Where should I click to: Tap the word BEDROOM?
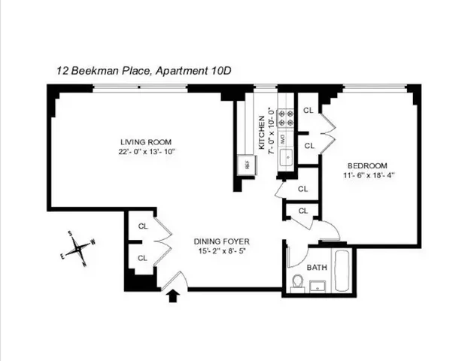pyautogui.click(x=366, y=165)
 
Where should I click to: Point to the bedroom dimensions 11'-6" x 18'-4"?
pyautogui.click(x=366, y=176)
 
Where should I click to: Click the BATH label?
pyautogui.click(x=317, y=267)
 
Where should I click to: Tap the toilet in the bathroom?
pyautogui.click(x=297, y=282)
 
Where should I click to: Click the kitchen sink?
pyautogui.click(x=286, y=156)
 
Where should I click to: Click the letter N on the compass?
pyautogui.click(x=85, y=264)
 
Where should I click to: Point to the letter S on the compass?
pyautogui.click(x=70, y=234)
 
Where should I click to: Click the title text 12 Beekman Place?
pyautogui.click(x=105, y=71)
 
